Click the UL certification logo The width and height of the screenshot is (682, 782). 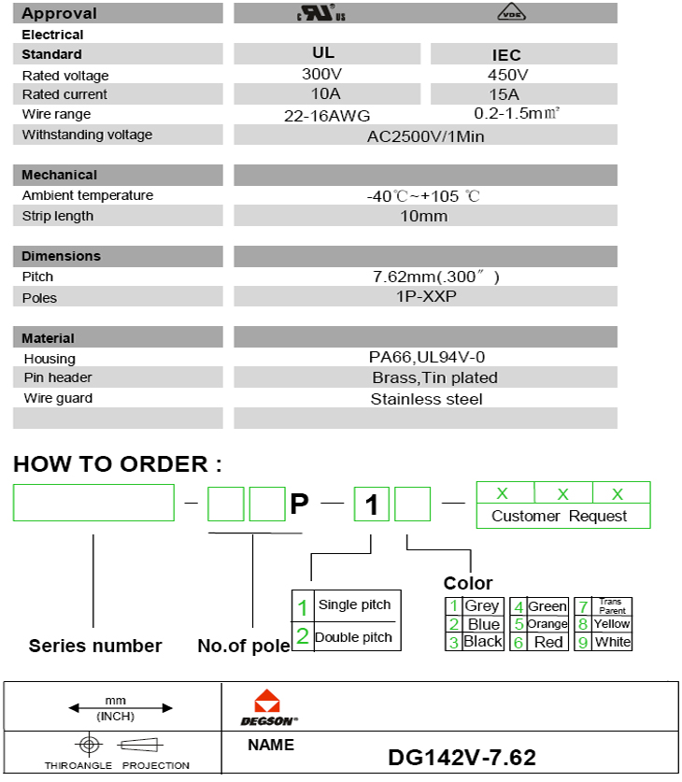pos(320,13)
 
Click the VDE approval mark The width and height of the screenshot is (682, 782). pos(510,13)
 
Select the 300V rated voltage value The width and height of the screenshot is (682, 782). pos(321,74)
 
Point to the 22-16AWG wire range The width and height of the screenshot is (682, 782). pos(327,116)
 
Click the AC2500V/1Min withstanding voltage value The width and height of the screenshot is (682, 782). pos(425,135)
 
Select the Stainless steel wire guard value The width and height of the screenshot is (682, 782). pos(426,399)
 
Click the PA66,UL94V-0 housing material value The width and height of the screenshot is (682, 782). pos(426,358)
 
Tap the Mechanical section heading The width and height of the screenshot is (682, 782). pos(60,175)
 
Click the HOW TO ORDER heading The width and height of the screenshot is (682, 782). pos(118,464)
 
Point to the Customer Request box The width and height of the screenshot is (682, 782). pos(560,516)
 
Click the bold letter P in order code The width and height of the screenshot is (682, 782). pos(299,505)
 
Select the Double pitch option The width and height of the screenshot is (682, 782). pos(353,637)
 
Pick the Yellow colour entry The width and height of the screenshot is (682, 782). pos(611,623)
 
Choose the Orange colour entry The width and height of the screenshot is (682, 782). pos(547,623)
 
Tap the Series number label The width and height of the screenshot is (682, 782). pos(95,646)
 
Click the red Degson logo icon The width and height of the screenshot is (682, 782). pos(266,702)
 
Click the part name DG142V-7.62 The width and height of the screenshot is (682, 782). pos(462,757)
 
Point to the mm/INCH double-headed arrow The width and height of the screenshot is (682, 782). pos(115,708)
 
